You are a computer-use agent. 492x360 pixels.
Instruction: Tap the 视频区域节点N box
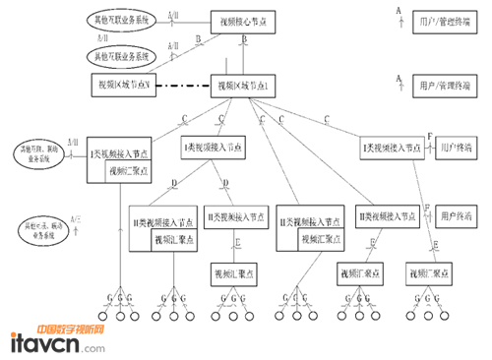(123, 86)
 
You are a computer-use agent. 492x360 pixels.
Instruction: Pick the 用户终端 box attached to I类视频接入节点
(456, 146)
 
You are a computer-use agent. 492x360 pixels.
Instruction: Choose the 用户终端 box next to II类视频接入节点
(456, 214)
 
